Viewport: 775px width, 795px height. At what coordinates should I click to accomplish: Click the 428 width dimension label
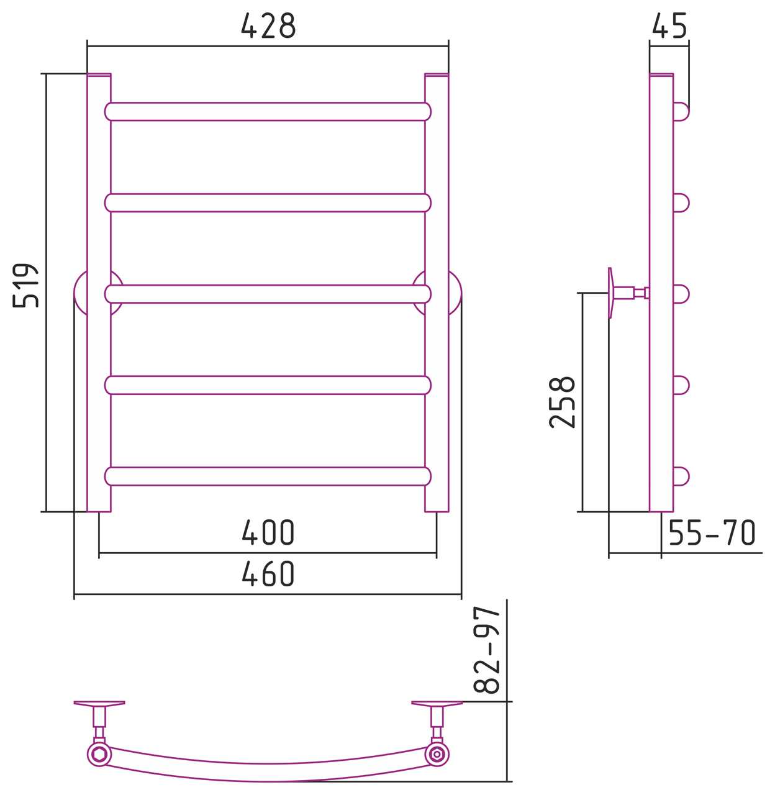click(268, 25)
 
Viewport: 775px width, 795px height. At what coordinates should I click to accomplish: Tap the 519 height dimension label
click(26, 285)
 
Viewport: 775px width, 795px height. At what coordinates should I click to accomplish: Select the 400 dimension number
click(268, 532)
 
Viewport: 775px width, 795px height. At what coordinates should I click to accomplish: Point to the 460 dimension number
click(268, 573)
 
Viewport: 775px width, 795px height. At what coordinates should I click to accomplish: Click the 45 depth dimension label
click(669, 25)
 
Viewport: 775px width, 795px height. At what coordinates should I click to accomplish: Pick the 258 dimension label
click(562, 402)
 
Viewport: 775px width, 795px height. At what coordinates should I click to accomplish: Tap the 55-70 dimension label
click(712, 532)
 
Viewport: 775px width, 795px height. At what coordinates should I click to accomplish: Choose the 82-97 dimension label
click(487, 650)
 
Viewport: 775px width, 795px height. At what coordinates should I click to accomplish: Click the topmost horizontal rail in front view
click(268, 112)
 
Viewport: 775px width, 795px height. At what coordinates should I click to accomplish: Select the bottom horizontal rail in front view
click(268, 476)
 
